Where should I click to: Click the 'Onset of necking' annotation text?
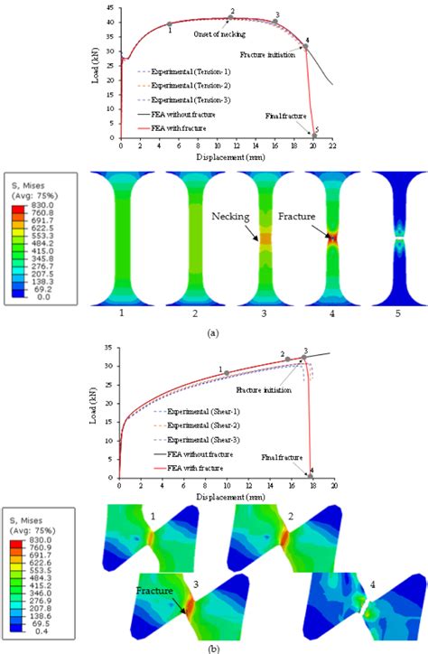[220, 33]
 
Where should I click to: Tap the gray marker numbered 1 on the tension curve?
[170, 24]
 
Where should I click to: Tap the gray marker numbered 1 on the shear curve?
[226, 372]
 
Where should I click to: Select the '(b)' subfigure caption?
[213, 647]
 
